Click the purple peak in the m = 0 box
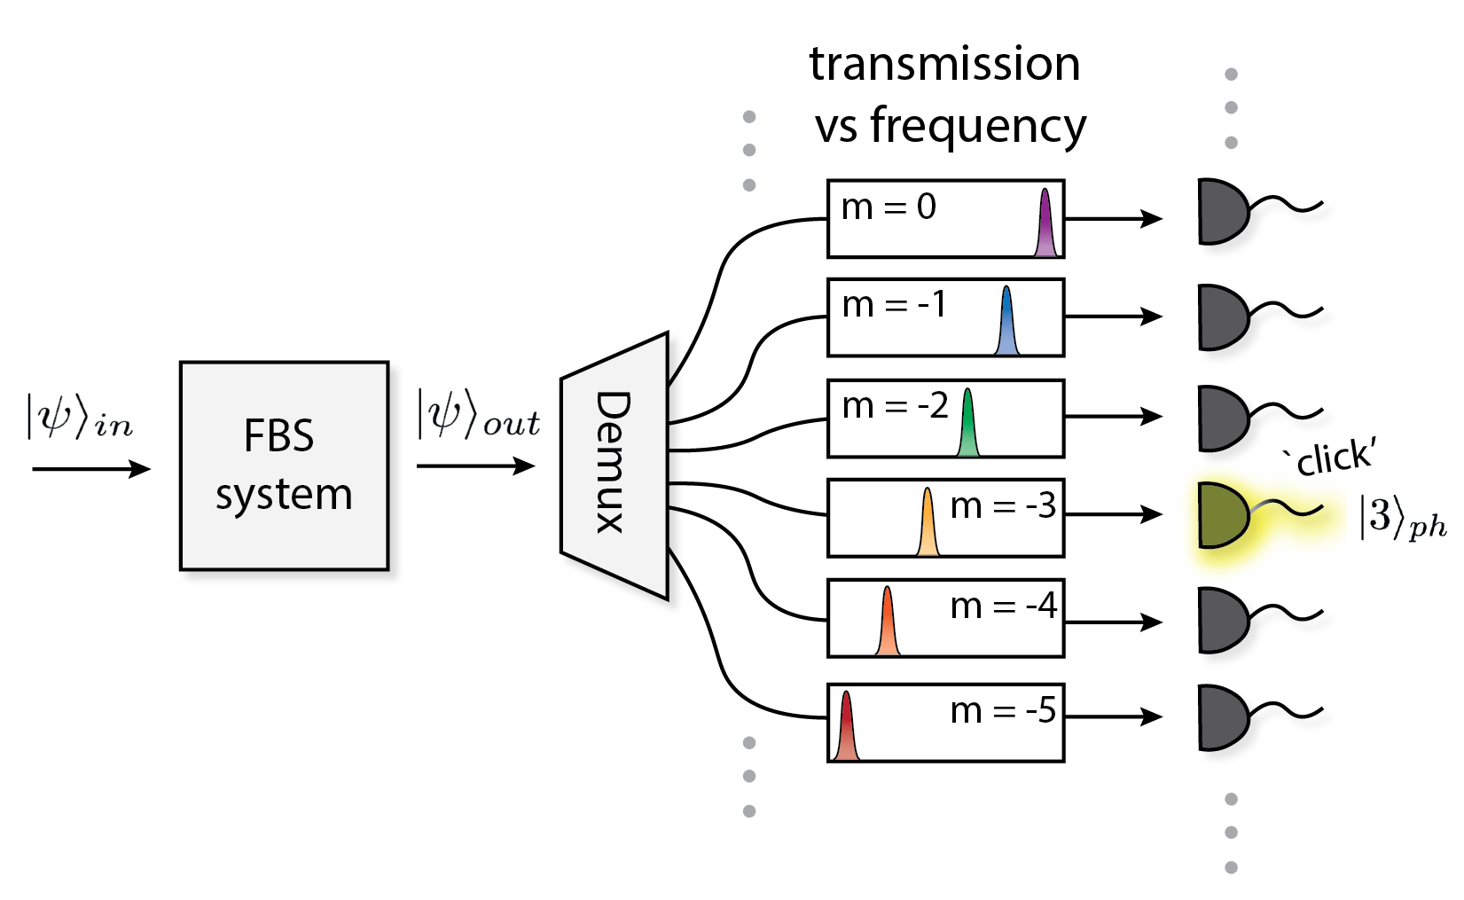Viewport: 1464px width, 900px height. pos(1046,226)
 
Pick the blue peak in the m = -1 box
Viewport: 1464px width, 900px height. pos(1006,325)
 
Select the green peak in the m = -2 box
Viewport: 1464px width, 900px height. pos(968,426)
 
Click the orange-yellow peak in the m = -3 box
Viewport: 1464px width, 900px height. pos(928,525)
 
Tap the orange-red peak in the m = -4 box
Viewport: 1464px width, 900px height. pos(888,625)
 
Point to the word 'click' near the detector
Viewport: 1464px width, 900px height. pos(1335,458)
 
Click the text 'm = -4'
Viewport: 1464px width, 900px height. pos(1003,607)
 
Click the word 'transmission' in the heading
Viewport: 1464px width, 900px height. pos(944,64)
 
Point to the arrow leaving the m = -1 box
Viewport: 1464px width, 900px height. pos(1114,316)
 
